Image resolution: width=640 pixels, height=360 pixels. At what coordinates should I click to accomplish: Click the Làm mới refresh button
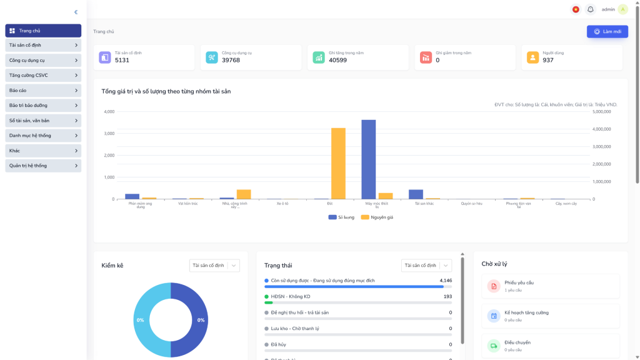607,32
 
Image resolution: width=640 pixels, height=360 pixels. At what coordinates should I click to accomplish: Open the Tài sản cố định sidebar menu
43,46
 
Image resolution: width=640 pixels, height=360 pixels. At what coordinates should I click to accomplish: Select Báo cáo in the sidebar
43,91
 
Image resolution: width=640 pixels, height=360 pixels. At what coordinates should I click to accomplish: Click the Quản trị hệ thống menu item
43,166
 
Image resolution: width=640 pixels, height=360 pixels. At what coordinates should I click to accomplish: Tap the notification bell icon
591,9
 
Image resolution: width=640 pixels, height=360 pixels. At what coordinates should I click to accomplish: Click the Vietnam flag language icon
575,9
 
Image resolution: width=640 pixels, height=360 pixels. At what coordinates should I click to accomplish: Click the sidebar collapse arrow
76,12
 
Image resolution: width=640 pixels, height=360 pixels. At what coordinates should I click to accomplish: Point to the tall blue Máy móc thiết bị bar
369,159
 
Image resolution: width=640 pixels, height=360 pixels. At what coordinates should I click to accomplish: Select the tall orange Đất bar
338,163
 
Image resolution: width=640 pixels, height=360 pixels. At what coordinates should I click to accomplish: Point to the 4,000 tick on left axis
109,112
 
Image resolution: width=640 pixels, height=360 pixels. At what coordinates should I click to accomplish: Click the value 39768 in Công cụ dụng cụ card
231,60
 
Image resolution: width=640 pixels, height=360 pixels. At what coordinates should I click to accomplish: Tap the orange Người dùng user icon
532,57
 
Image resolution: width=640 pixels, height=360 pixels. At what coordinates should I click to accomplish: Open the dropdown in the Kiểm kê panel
214,266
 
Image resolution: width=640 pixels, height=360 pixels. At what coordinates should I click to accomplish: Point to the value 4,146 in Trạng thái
446,281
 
